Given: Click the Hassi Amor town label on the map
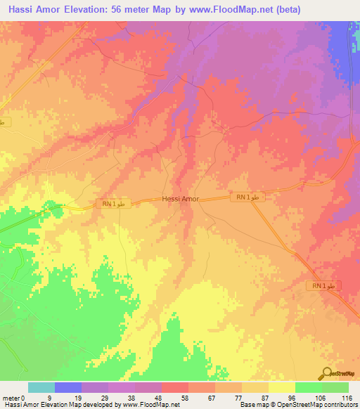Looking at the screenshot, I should click(181, 199).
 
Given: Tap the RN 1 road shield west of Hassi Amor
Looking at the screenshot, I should click(111, 204).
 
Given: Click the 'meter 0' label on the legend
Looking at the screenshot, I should click(14, 397).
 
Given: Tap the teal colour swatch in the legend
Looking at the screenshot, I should click(41, 387).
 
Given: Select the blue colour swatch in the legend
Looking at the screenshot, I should click(68, 387).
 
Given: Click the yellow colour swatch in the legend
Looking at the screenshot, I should click(281, 387).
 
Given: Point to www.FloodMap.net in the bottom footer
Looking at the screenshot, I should click(150, 405).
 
